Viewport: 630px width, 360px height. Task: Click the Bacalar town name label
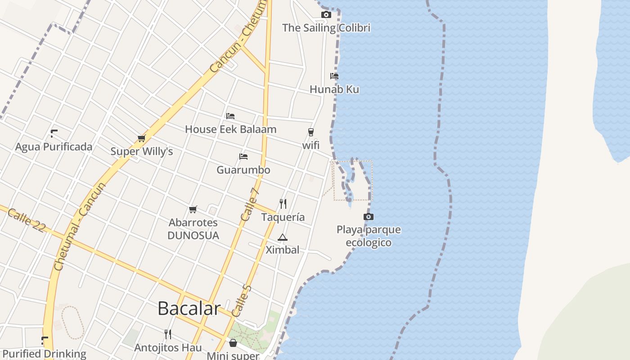point(189,309)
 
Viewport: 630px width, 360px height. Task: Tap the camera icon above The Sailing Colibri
point(326,15)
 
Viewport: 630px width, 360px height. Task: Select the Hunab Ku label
point(334,90)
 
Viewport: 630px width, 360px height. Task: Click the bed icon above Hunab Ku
point(334,76)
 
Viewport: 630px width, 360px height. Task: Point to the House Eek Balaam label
point(231,130)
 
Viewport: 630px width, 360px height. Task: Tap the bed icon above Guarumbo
point(243,157)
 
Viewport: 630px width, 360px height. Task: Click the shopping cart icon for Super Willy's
point(142,138)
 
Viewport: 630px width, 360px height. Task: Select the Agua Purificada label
point(54,147)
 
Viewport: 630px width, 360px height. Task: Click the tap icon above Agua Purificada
point(54,133)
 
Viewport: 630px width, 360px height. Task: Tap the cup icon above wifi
point(310,132)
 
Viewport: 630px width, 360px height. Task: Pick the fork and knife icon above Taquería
point(283,204)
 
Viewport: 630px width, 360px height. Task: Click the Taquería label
point(283,217)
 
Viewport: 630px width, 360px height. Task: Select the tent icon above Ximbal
point(282,238)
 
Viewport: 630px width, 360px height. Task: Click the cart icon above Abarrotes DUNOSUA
point(193,209)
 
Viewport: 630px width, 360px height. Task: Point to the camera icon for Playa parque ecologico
point(369,217)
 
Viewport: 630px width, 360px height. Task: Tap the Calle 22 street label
point(27,220)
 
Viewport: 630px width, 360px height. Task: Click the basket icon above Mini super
point(233,343)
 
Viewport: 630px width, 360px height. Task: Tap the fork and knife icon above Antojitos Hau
point(168,334)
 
